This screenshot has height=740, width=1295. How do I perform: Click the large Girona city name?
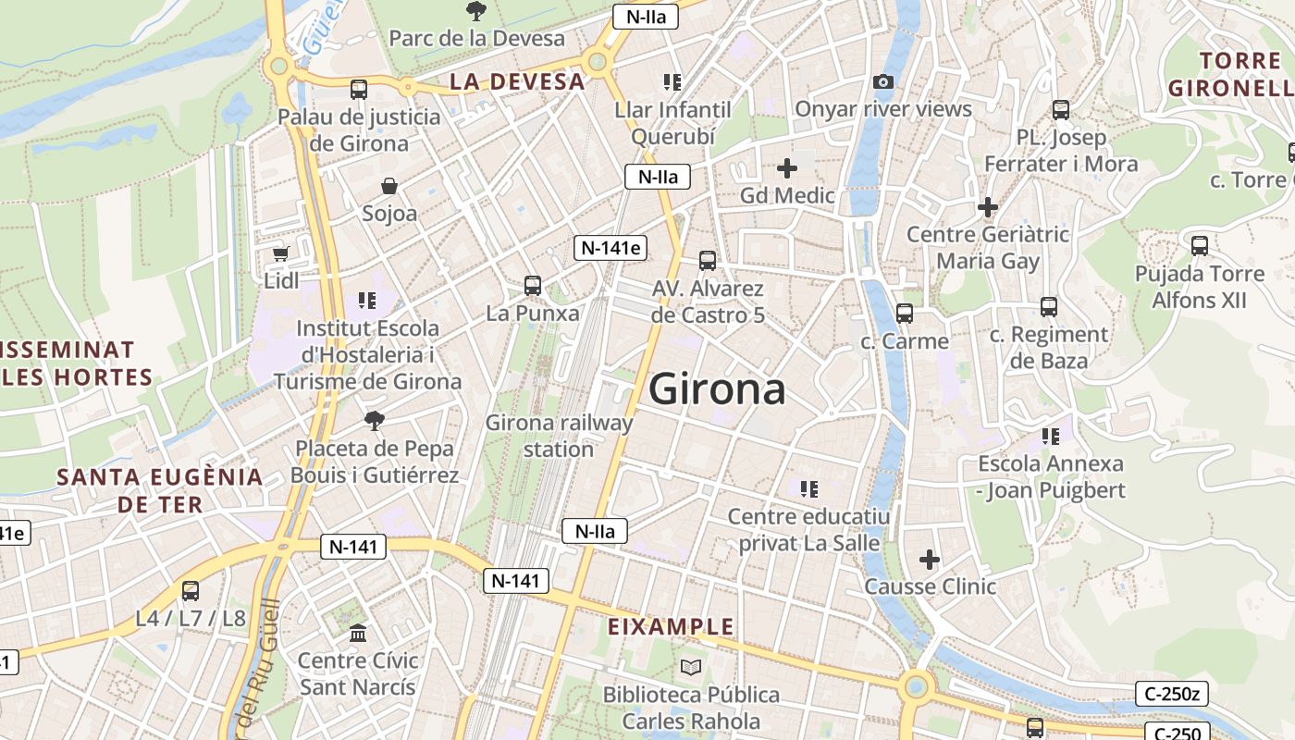pyautogui.click(x=717, y=389)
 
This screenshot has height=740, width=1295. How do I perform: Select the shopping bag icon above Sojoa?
pyautogui.click(x=389, y=186)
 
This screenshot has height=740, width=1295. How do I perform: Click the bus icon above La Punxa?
pyautogui.click(x=532, y=285)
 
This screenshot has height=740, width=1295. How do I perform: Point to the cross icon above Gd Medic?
pyautogui.click(x=787, y=167)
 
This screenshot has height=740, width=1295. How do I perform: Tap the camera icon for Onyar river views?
pyautogui.click(x=883, y=81)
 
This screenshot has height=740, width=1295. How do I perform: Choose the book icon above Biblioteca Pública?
pyautogui.click(x=691, y=667)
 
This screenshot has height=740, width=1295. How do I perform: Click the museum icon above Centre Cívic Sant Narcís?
pyautogui.click(x=358, y=634)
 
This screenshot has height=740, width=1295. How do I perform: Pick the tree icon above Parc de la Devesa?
pyautogui.click(x=476, y=11)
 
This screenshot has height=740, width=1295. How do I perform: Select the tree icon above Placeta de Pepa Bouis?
pyautogui.click(x=375, y=421)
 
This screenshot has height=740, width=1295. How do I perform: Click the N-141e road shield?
pyautogui.click(x=610, y=247)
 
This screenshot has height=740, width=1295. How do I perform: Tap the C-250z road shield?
pyautogui.click(x=1172, y=693)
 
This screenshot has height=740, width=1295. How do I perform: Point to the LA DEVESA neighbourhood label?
pyautogui.click(x=518, y=81)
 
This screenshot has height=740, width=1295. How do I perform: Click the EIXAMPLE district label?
pyautogui.click(x=671, y=626)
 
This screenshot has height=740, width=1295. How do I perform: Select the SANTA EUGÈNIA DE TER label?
pyautogui.click(x=160, y=490)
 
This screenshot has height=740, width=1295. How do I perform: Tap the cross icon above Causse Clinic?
pyautogui.click(x=930, y=559)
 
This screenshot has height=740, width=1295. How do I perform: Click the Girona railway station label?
pyautogui.click(x=559, y=436)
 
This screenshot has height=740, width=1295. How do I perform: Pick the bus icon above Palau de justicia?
pyautogui.click(x=358, y=90)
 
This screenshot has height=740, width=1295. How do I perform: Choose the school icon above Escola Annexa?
pyautogui.click(x=1050, y=436)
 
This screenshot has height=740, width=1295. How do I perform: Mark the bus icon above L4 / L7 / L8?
pyautogui.click(x=191, y=590)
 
